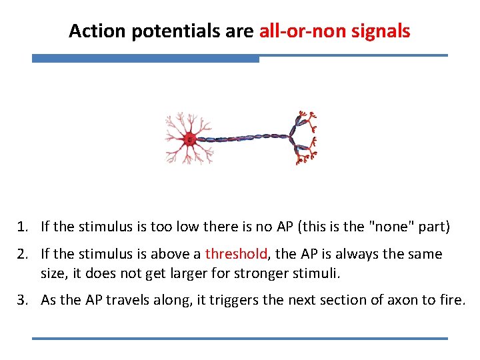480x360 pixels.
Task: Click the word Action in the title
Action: tap(93, 31)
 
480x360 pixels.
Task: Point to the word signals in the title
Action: tap(381, 31)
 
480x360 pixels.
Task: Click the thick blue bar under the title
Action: tap(145, 59)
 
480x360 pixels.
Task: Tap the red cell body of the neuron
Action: tap(189, 139)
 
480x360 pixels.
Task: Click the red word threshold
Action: tap(236, 254)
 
